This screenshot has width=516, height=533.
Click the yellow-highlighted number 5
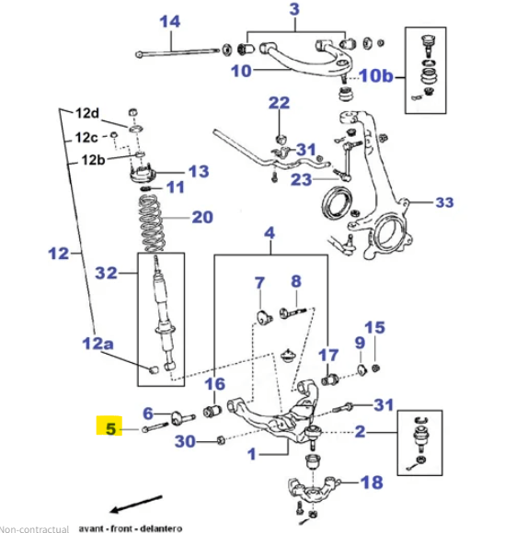[x=110, y=427]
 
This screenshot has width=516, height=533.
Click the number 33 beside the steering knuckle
[x=444, y=202]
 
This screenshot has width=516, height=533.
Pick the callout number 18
[x=372, y=482]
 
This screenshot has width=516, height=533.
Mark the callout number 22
[x=279, y=102]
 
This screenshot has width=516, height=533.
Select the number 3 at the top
[x=294, y=10]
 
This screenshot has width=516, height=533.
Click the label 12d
[x=87, y=114]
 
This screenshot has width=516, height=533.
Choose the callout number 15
[x=374, y=327]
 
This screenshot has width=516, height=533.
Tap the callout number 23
[x=302, y=180]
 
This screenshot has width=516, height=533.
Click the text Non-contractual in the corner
[x=35, y=528]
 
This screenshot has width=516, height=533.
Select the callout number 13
[x=199, y=172]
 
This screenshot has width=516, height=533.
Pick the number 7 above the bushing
[x=259, y=282]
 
